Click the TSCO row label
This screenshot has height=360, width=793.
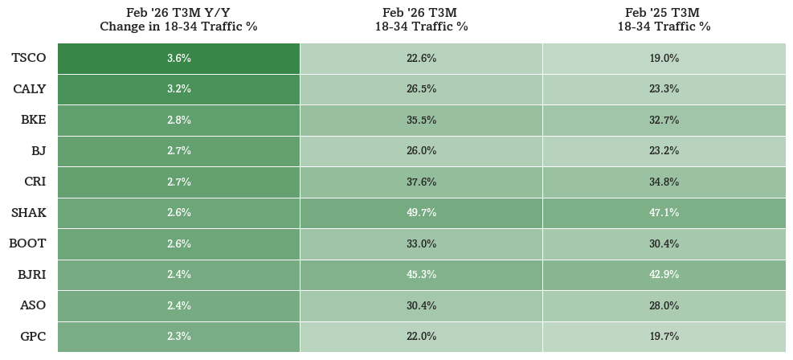(29, 58)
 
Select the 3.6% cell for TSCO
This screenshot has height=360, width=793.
(179, 59)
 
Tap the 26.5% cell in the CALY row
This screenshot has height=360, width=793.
(421, 89)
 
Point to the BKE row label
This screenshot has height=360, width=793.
(34, 120)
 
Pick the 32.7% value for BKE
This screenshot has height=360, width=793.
(664, 121)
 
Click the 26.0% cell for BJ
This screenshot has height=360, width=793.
(421, 151)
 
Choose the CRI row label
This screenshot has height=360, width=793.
(35, 182)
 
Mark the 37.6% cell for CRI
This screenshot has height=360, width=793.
(421, 182)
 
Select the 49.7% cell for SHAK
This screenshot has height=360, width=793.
(421, 214)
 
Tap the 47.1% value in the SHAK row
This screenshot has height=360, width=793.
(664, 213)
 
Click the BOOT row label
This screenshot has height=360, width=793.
(27, 243)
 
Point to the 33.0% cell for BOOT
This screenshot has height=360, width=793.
(421, 244)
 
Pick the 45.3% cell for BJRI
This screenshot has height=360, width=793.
(421, 275)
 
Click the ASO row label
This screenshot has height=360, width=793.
(33, 305)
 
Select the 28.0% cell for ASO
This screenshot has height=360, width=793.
(664, 306)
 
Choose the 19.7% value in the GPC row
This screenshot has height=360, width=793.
(664, 336)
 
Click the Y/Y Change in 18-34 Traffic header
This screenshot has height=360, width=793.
(178, 20)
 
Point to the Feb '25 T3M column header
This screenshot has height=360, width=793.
(664, 20)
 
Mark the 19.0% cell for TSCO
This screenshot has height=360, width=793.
(664, 59)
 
